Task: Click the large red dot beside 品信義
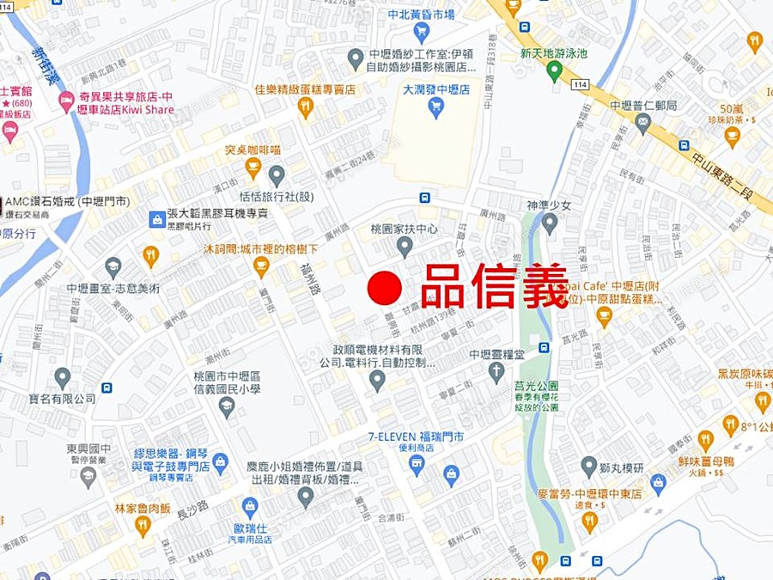coord(385,289)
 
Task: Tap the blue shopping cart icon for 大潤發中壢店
coord(435,107)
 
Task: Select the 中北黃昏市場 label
coord(421,15)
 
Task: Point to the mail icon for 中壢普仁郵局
coord(642,123)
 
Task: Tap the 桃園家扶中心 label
coord(404,229)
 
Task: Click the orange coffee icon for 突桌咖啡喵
coord(253,167)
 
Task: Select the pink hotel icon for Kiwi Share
coord(66,101)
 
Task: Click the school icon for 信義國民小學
coord(227,406)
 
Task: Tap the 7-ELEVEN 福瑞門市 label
coord(416,437)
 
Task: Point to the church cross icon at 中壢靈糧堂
coord(496,372)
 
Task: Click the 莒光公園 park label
coord(536,386)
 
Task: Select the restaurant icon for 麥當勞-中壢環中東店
coord(589,520)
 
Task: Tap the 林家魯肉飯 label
coord(143,508)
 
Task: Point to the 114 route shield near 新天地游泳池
coord(581,83)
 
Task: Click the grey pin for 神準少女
coord(550,223)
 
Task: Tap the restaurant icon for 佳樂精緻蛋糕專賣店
coord(305,107)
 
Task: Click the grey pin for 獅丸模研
coord(588,467)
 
